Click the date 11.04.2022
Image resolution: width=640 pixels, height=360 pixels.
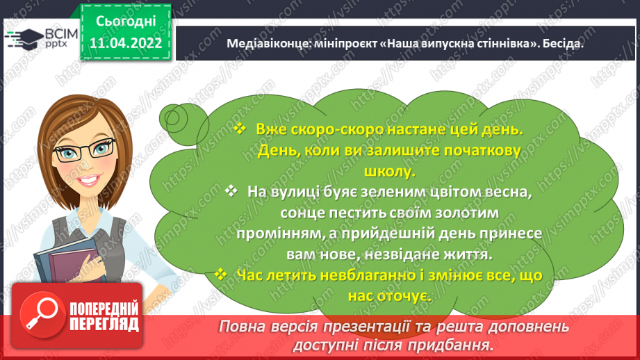(126, 43)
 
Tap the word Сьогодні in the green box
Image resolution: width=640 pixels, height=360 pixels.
(126, 22)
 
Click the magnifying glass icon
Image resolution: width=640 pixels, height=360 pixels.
(42, 315)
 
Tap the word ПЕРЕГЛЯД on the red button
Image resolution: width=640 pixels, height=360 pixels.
(104, 325)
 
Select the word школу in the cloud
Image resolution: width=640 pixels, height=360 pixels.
(389, 172)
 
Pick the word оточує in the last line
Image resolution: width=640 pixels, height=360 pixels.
(404, 296)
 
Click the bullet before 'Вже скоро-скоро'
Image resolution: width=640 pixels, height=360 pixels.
(240, 129)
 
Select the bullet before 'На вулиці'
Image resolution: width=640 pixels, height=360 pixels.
(231, 190)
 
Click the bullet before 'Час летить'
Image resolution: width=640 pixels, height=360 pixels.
(220, 274)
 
